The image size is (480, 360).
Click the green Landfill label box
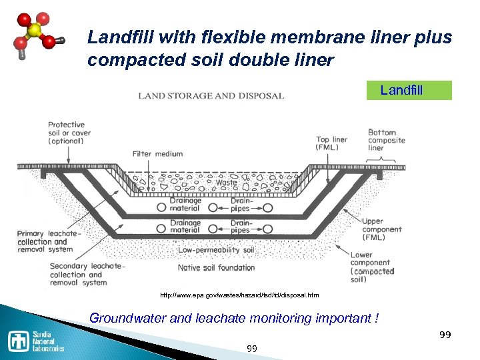(x=409, y=90)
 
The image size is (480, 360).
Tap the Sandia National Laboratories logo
(x=37, y=341)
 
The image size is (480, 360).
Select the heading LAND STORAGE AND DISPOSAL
(x=211, y=96)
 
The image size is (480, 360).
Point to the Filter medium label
(x=157, y=154)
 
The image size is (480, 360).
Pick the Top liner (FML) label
(x=331, y=144)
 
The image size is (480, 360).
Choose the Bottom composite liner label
(x=386, y=140)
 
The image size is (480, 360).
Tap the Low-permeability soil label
(x=216, y=250)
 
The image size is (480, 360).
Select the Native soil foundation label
(x=216, y=268)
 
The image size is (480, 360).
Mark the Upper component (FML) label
(x=382, y=229)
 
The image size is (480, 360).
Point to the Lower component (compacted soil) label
(x=374, y=267)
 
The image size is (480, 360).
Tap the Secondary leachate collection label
(x=78, y=274)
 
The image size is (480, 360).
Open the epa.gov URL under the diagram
(x=239, y=295)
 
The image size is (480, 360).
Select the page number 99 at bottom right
(x=445, y=334)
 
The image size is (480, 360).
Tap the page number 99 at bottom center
(x=252, y=349)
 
